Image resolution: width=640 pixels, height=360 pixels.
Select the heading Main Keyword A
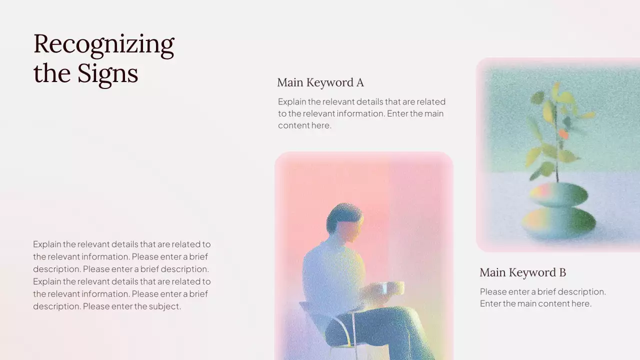tap(320, 82)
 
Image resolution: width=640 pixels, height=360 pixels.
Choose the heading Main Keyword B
tap(522, 272)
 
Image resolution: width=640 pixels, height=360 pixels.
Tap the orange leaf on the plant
tap(563, 134)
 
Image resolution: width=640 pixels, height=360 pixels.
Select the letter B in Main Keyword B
tap(562, 272)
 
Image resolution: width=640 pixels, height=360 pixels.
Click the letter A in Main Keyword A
tap(359, 82)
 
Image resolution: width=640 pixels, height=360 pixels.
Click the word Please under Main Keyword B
tap(494, 291)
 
